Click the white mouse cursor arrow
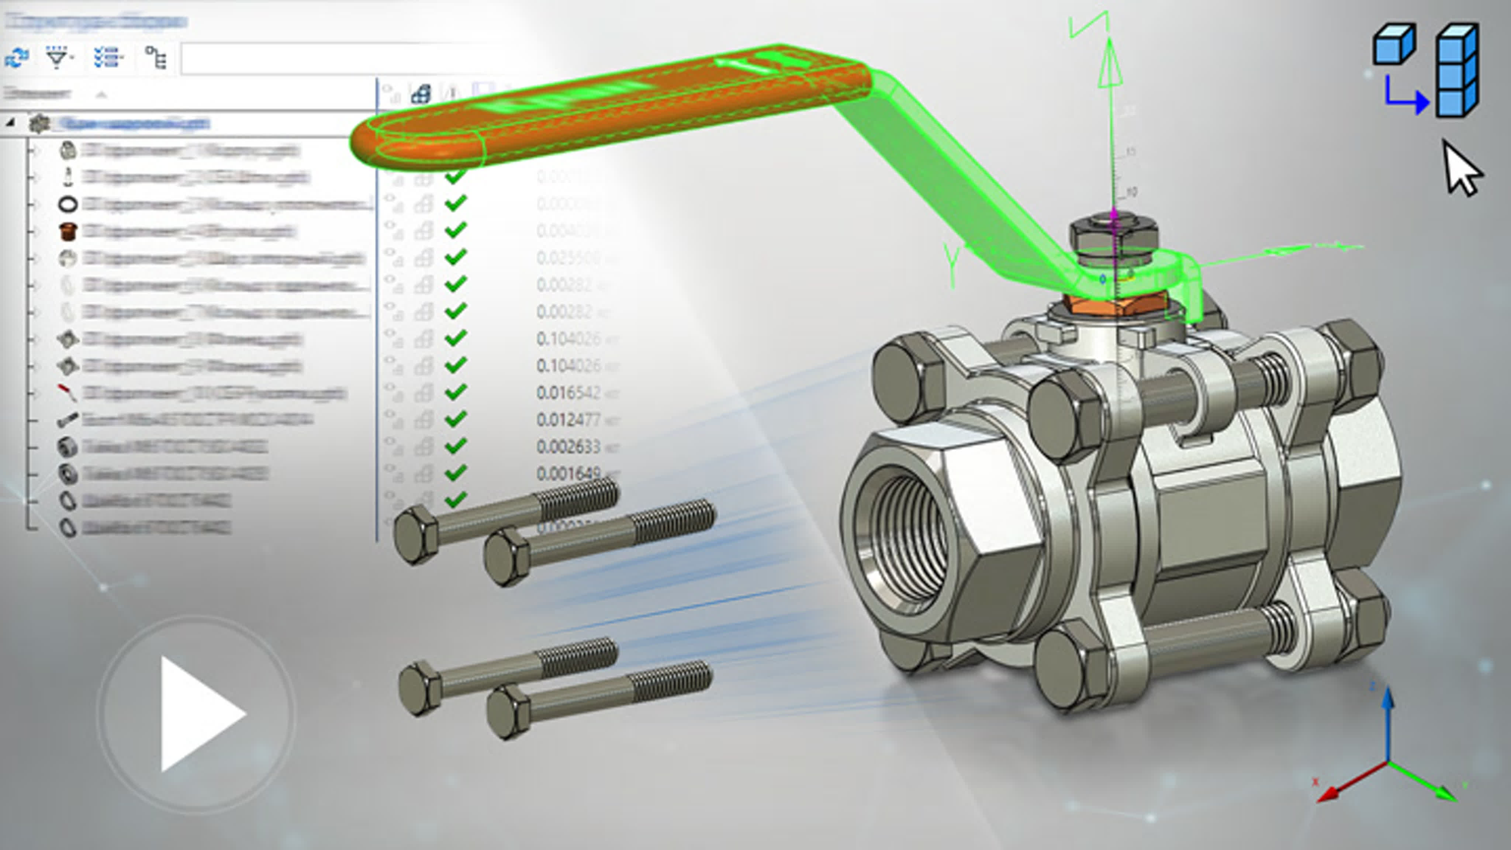coord(1460,170)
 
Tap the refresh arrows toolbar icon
coord(17,58)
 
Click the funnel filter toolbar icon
coord(58,58)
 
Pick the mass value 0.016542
coord(568,393)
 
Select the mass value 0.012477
coord(568,419)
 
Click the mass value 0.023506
coord(568,258)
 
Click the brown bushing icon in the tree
coord(68,231)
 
